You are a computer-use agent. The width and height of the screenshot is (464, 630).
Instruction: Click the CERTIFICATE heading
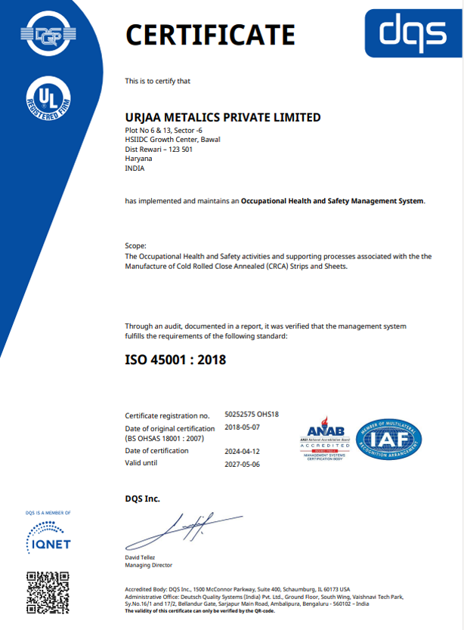click(209, 35)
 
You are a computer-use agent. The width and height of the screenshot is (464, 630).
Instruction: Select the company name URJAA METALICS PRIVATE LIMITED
click(222, 117)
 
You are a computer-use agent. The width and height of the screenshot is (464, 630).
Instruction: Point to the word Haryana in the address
click(138, 159)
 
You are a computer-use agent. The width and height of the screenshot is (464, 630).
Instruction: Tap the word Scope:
click(136, 246)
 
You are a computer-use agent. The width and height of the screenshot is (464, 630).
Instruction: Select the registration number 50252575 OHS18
click(252, 415)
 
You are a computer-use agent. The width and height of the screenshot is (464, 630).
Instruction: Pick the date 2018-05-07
click(243, 427)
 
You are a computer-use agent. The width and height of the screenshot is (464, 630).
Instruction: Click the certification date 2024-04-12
click(243, 451)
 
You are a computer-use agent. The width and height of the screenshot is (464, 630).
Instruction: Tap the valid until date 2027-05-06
click(243, 463)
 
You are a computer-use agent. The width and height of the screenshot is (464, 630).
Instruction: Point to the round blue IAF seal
click(388, 441)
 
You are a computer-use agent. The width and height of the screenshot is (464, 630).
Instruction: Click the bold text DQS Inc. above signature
click(142, 499)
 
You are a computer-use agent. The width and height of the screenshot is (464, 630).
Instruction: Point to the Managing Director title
click(148, 565)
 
